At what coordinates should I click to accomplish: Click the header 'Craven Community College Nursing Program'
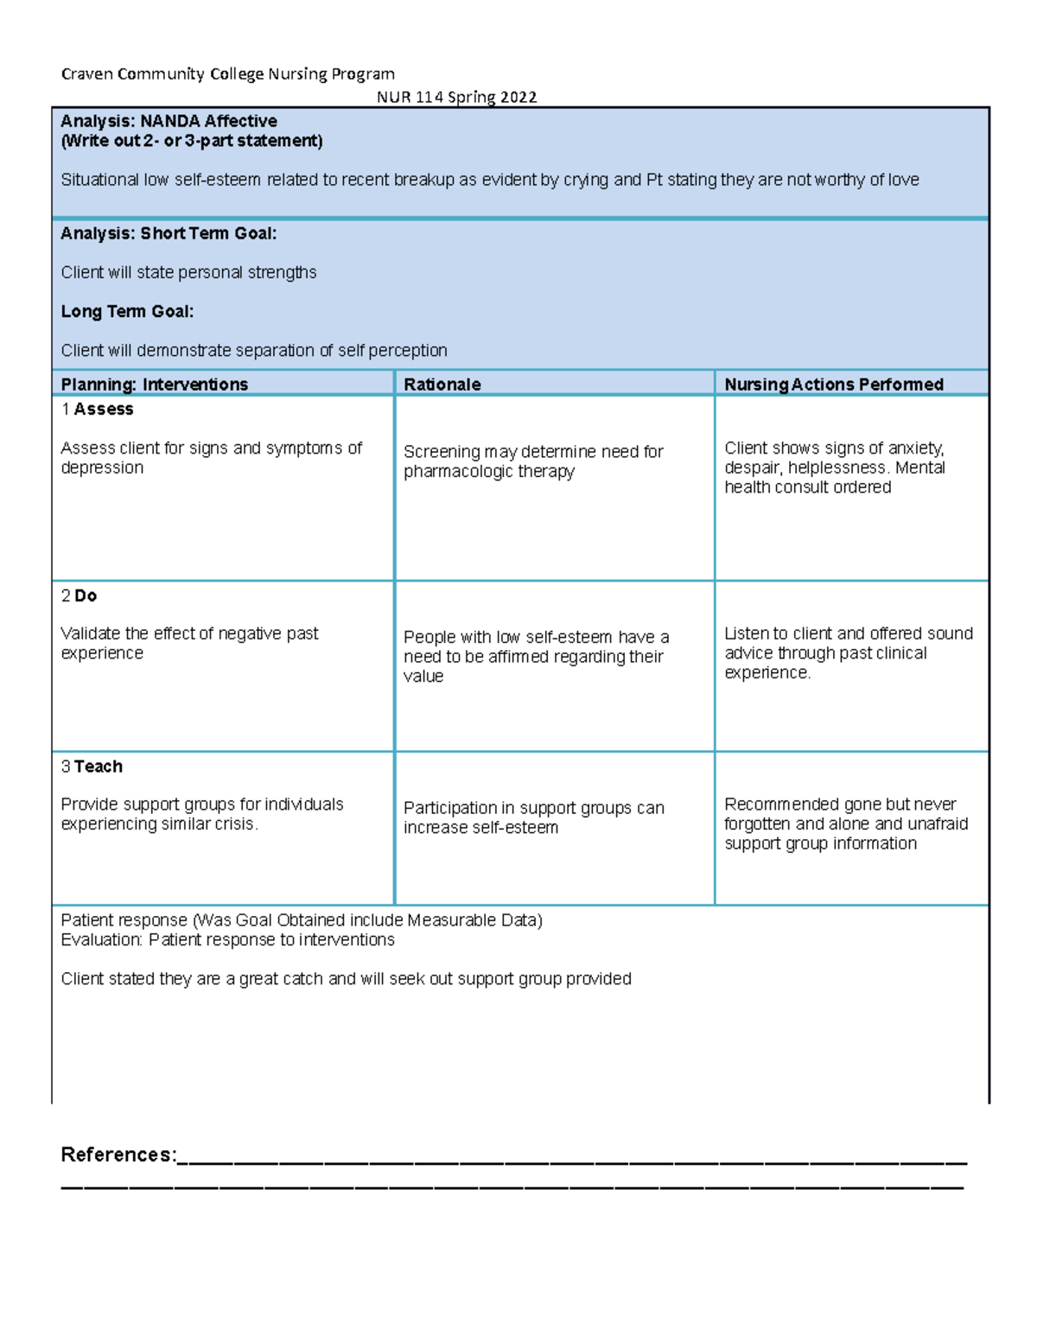pyautogui.click(x=227, y=74)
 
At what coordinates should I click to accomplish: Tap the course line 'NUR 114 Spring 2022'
pyautogui.click(x=456, y=97)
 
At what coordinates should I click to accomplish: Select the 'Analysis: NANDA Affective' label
pyautogui.click(x=169, y=121)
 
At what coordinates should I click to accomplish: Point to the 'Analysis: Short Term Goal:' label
pyautogui.click(x=169, y=233)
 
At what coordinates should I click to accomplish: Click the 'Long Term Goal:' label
pyautogui.click(x=127, y=311)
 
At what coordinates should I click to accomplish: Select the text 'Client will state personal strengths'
pyautogui.click(x=188, y=272)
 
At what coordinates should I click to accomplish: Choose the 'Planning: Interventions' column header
pyautogui.click(x=154, y=385)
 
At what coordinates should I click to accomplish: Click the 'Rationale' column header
pyautogui.click(x=442, y=385)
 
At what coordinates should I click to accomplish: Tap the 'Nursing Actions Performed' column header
pyautogui.click(x=833, y=385)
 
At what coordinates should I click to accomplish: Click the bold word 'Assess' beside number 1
pyautogui.click(x=104, y=410)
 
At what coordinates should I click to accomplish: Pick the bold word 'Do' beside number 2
pyautogui.click(x=86, y=595)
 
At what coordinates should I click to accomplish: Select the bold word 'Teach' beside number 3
pyautogui.click(x=99, y=766)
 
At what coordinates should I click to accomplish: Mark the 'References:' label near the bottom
pyautogui.click(x=118, y=1154)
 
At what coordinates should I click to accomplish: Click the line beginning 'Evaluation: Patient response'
pyautogui.click(x=227, y=940)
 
